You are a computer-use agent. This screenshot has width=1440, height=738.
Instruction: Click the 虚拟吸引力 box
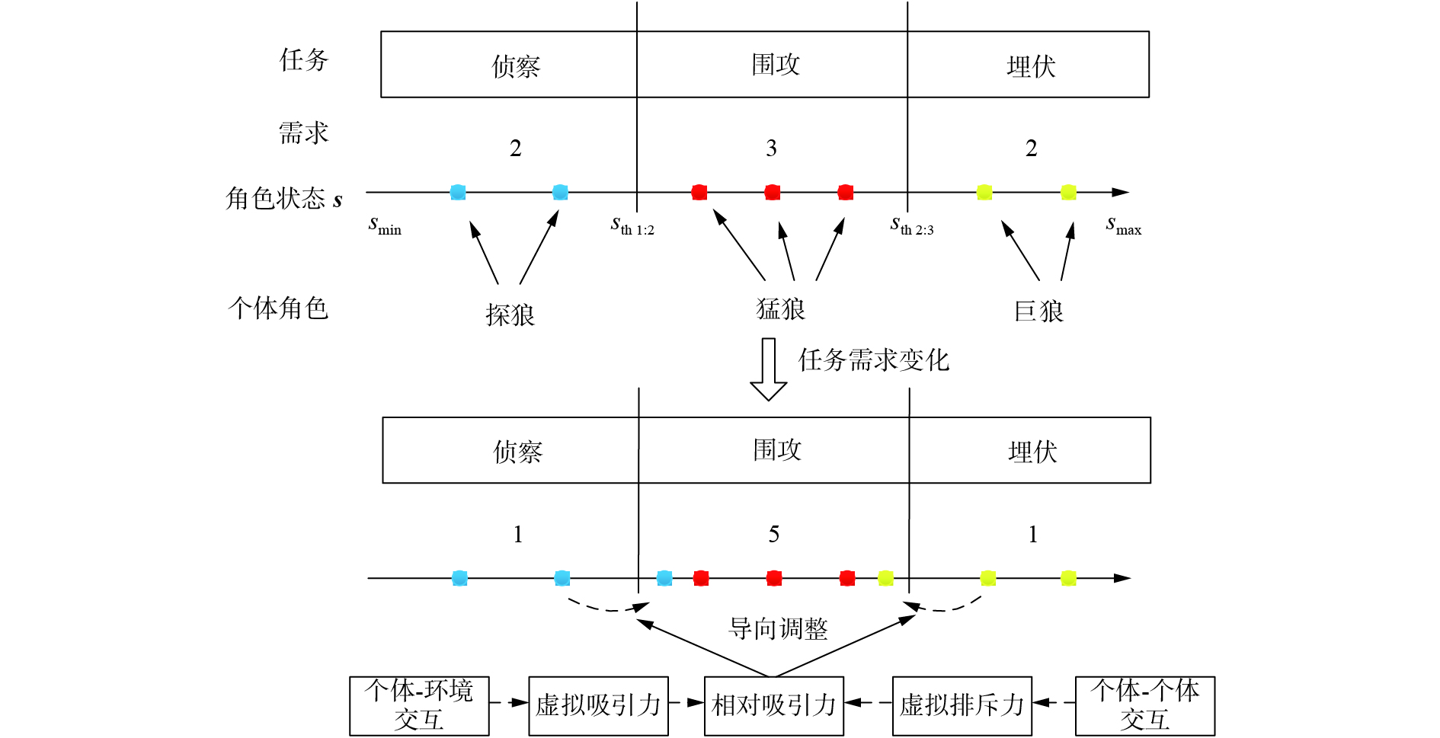point(598,705)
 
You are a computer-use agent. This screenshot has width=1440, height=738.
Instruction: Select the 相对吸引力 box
point(773,705)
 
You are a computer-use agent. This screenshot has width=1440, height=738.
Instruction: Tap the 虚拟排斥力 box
point(962,705)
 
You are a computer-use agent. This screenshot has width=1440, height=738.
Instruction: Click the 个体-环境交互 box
point(419,705)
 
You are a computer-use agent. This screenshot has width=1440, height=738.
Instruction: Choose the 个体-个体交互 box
point(1144,705)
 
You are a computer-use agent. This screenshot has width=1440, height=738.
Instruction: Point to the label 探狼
point(510,315)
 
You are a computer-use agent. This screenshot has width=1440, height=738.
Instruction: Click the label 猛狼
point(780,309)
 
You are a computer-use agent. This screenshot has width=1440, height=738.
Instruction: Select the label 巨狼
point(1038,311)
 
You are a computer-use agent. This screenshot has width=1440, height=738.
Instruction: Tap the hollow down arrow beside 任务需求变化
point(768,369)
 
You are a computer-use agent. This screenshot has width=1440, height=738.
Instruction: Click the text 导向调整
point(778,629)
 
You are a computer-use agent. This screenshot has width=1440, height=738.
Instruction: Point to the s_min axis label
point(385,225)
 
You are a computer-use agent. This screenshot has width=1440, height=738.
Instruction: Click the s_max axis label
point(1123,225)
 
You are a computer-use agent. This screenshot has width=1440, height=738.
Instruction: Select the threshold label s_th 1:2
point(632,226)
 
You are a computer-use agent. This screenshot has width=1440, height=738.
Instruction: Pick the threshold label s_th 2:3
point(912,226)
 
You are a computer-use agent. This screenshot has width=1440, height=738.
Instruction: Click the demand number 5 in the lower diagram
point(773,535)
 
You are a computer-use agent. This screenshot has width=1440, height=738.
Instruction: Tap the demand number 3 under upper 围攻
point(771,149)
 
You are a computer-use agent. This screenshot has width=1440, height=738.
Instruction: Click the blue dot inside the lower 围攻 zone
point(664,578)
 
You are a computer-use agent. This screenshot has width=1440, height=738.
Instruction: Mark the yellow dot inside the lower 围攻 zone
point(885,578)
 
